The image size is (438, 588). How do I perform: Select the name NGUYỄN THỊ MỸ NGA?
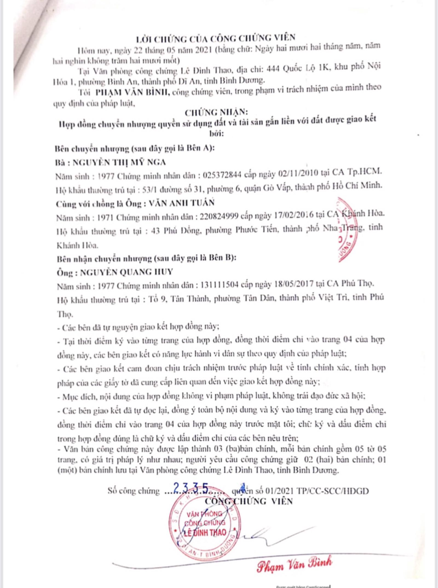pyautogui.click(x=119, y=163)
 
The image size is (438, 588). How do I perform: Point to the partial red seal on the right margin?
pyautogui.click(x=346, y=229)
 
